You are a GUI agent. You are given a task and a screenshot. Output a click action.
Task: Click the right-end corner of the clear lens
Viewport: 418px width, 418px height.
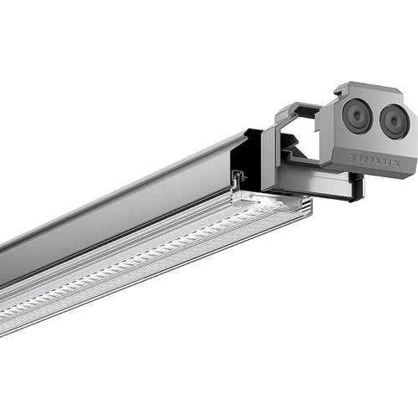(308, 206)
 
